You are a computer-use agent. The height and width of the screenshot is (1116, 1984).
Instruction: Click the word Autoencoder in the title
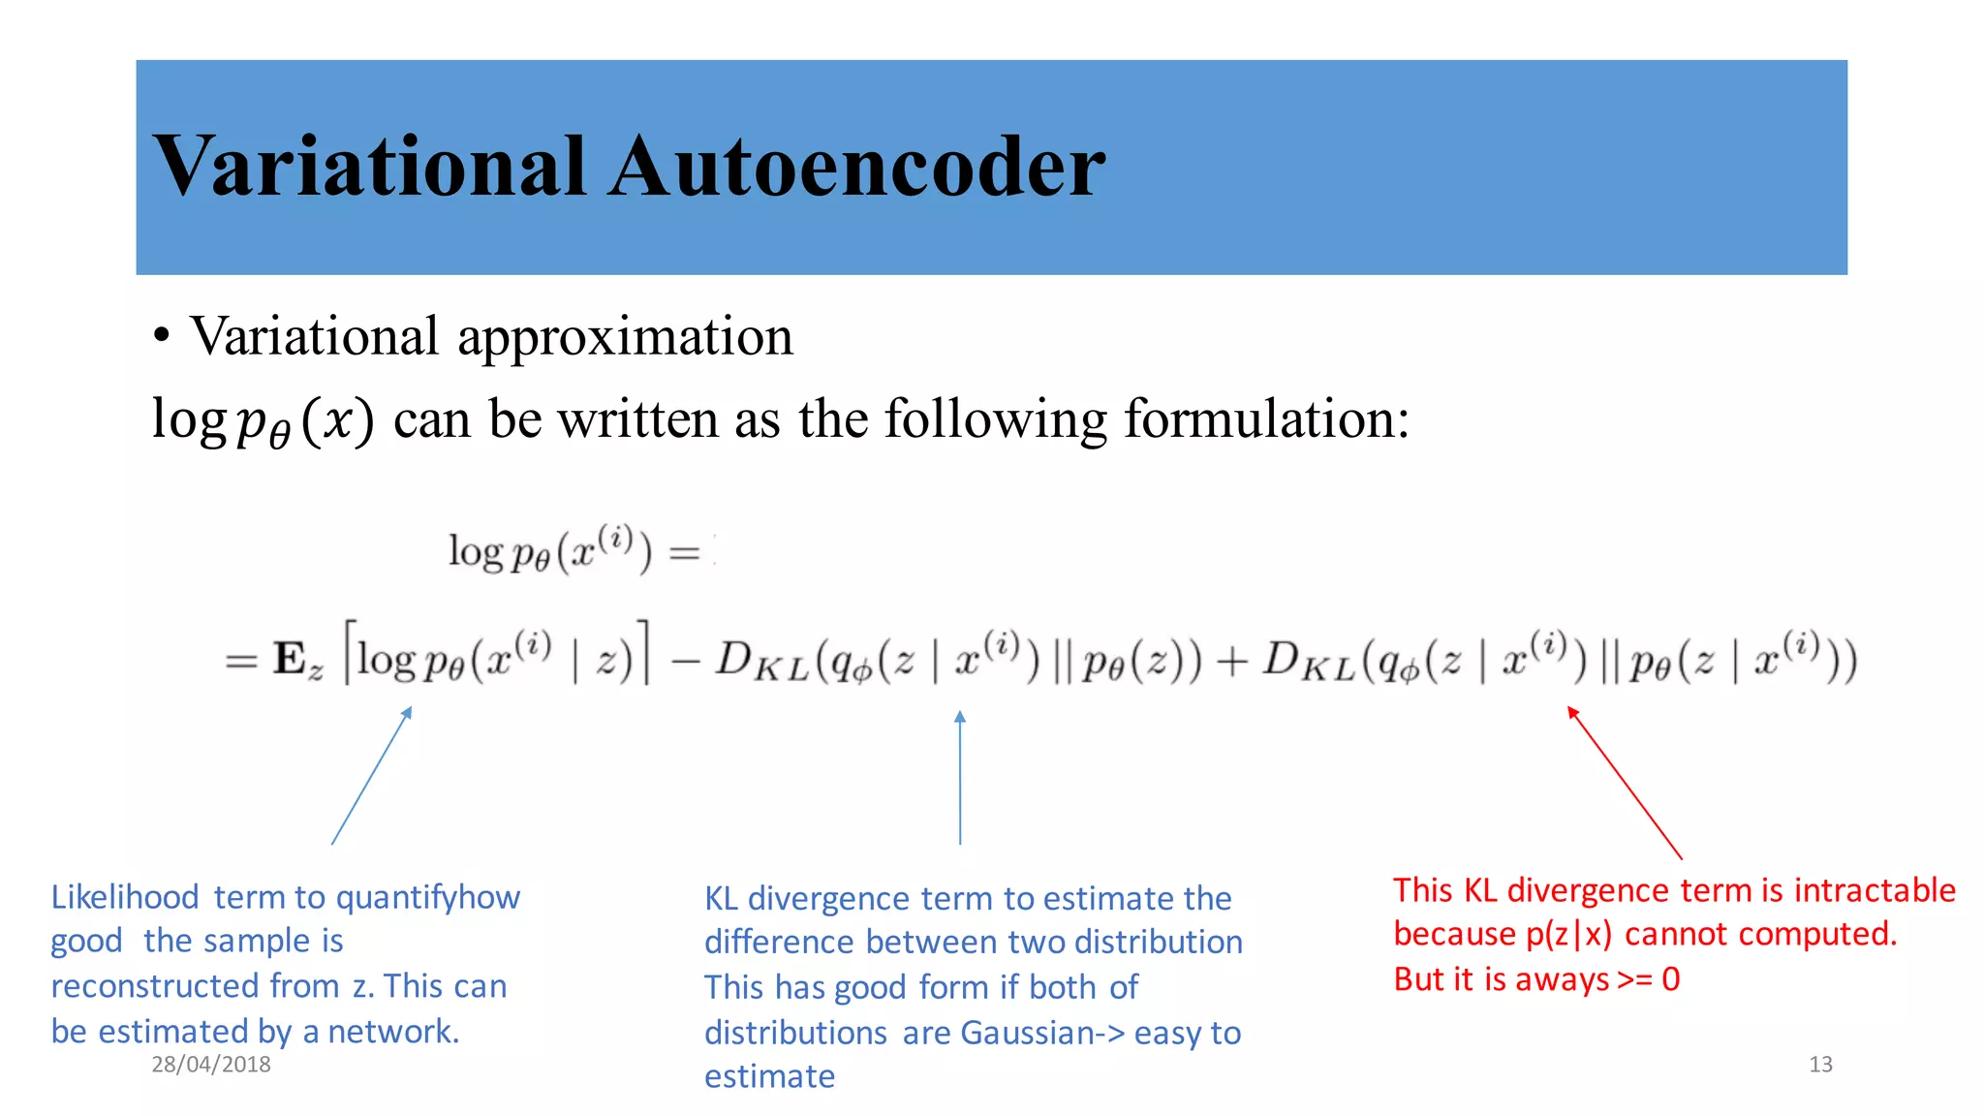(x=857, y=167)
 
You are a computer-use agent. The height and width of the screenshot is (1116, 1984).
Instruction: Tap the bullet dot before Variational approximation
(x=162, y=336)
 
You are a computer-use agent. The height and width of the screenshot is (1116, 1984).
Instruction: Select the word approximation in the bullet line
(x=625, y=337)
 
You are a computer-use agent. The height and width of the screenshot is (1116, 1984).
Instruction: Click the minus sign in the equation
(x=684, y=661)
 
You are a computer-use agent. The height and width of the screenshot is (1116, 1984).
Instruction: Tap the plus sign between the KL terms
(x=1231, y=661)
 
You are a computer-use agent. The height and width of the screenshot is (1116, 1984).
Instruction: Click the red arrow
(x=1625, y=783)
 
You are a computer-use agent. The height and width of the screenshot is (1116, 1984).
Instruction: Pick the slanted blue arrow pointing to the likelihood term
(x=372, y=776)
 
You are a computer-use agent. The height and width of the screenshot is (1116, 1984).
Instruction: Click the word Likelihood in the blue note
(x=125, y=897)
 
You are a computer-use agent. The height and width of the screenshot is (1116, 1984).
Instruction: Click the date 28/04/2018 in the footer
(x=211, y=1064)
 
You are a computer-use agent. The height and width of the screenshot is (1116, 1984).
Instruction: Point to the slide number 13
(x=1820, y=1064)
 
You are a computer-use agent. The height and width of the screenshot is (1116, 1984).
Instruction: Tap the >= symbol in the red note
(x=1635, y=979)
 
